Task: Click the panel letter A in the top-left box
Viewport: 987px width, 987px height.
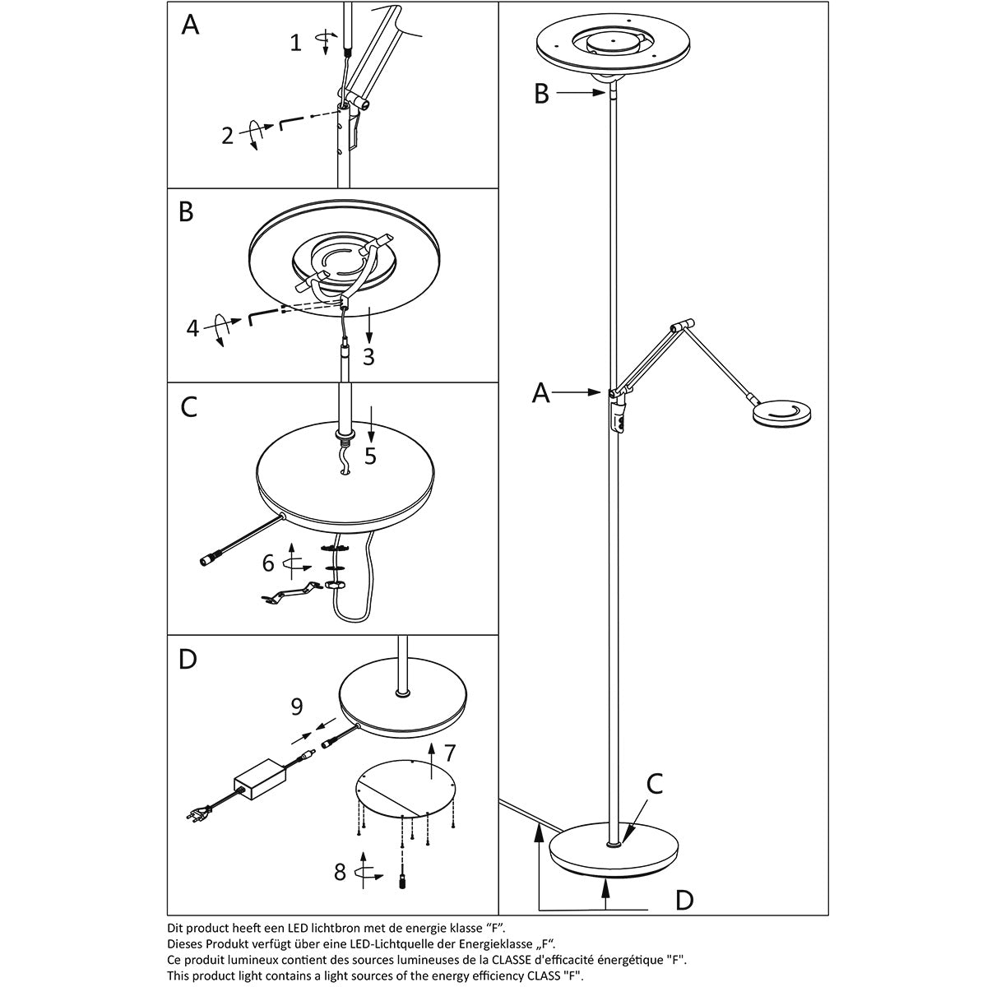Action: click(190, 25)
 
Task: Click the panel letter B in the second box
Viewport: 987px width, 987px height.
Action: click(187, 212)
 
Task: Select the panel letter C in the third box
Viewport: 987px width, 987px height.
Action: click(188, 406)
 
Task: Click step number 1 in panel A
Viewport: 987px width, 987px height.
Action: click(296, 43)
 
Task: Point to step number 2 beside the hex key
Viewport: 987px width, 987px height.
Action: click(228, 136)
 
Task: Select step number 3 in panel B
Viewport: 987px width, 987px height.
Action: click(369, 357)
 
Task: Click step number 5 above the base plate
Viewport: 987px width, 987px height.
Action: click(370, 456)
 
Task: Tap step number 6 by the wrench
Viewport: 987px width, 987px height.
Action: click(268, 564)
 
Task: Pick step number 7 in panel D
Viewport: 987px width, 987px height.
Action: click(449, 753)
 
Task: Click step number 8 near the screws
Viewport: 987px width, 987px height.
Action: click(340, 872)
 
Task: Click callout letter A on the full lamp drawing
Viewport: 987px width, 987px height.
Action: click(540, 395)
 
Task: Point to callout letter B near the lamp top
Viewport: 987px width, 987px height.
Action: click(540, 95)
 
